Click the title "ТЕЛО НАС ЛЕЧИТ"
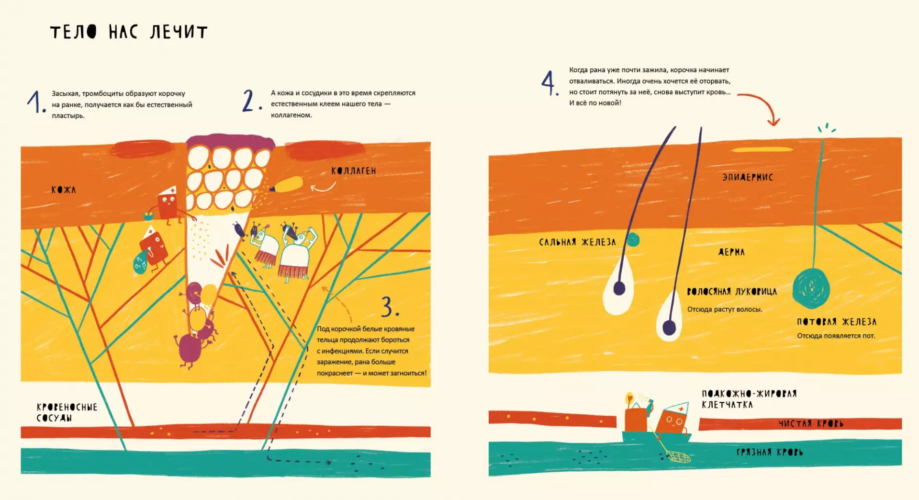tap(129, 32)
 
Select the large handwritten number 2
tap(252, 101)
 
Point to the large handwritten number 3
tap(390, 307)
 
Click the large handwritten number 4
tap(549, 83)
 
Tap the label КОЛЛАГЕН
tap(354, 171)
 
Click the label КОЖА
tap(64, 190)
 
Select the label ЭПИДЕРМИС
tap(748, 177)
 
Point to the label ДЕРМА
tap(731, 252)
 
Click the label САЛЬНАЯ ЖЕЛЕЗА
tap(577, 242)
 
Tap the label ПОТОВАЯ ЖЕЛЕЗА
tap(837, 322)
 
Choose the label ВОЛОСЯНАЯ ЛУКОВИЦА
tap(732, 291)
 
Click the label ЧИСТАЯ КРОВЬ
tap(811, 423)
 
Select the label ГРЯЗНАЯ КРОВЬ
tap(770, 452)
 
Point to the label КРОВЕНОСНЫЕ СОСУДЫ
tap(67, 412)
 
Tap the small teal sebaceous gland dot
tap(633, 239)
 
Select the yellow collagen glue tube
tap(287, 184)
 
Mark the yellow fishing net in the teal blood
tap(679, 457)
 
